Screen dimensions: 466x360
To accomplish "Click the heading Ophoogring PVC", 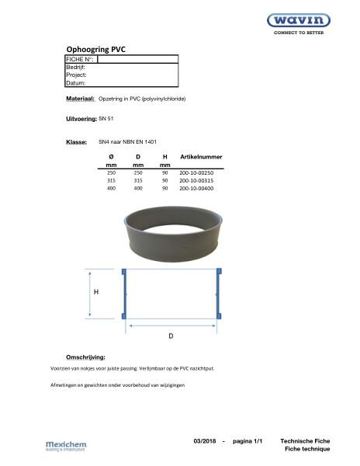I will [95, 50].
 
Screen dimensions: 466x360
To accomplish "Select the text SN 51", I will [106, 118].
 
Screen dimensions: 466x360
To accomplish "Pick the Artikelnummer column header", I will [201, 157].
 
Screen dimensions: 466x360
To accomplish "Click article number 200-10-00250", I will [196, 172].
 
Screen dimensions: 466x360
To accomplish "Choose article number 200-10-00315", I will [196, 180].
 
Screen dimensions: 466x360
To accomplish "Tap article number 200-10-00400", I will [196, 188].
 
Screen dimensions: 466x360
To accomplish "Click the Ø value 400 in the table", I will [111, 188].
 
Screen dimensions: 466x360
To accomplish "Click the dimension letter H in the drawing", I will [96, 293].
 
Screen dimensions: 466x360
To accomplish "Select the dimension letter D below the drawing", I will [171, 336].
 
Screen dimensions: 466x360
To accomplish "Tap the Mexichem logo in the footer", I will [67, 445].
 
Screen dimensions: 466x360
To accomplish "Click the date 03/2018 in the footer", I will [206, 441].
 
